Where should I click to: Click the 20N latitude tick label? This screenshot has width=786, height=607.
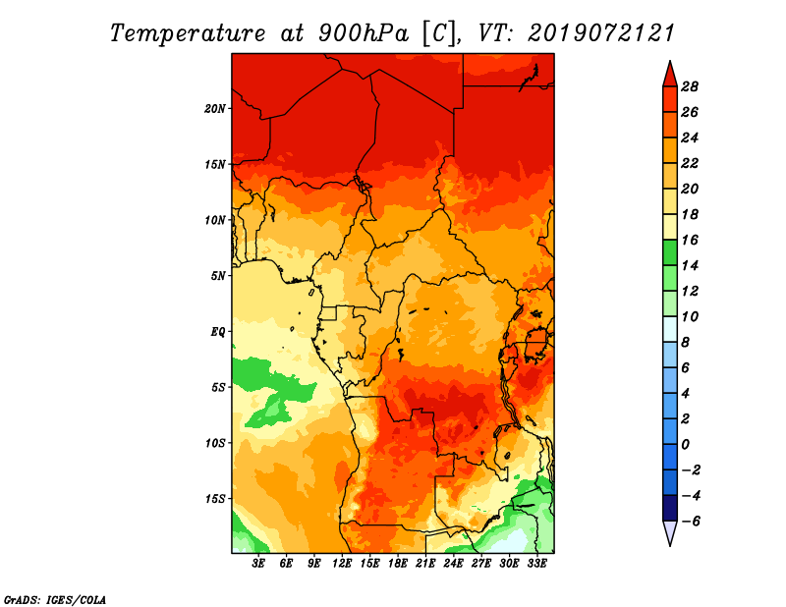point(214,109)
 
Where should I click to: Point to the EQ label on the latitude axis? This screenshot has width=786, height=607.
point(217,332)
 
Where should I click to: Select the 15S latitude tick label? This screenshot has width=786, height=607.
point(215,499)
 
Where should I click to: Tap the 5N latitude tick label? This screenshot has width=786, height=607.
point(218,276)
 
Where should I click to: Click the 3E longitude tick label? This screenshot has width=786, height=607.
point(258,564)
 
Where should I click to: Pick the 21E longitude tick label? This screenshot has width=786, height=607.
point(425,564)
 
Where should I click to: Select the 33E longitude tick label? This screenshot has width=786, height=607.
point(536,564)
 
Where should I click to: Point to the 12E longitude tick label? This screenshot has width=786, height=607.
point(342,564)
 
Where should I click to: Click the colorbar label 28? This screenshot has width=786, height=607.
point(690,86)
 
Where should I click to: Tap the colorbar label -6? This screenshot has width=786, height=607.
point(691,522)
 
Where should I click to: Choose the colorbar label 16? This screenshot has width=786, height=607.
point(690,240)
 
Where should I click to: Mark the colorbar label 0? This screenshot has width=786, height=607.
point(685,445)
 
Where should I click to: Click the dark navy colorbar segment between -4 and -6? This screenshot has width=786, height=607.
point(670,508)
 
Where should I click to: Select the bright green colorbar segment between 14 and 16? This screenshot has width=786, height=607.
point(670,252)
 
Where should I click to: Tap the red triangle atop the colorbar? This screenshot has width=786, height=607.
point(670,76)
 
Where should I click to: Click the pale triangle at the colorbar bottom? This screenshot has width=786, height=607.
point(670,532)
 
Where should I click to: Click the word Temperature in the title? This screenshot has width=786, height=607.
point(188,33)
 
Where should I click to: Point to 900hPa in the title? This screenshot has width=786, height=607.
point(363,33)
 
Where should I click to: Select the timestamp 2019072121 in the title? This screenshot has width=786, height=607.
point(600,33)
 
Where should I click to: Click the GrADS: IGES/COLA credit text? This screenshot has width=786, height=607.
point(55,600)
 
